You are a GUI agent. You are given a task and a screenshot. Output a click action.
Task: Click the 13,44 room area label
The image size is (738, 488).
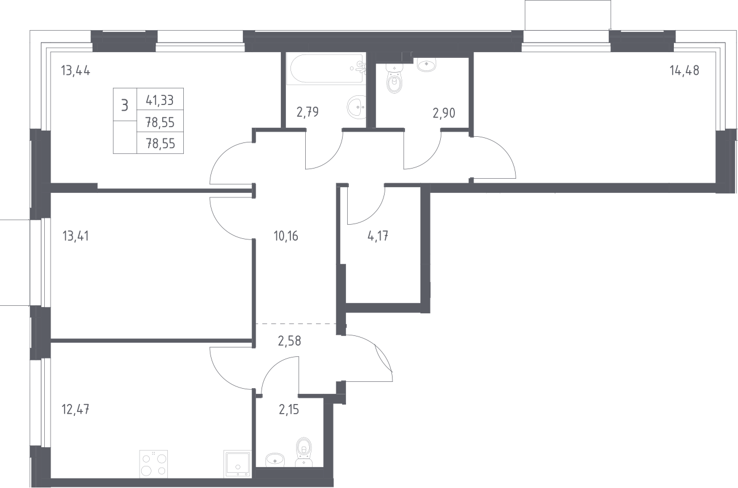(75, 71)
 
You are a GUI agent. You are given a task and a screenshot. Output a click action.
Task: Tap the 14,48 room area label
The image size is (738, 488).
(684, 70)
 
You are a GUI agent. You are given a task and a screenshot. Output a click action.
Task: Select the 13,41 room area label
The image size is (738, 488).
(75, 236)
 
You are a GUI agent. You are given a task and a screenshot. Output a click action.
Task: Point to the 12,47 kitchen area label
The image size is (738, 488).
(75, 410)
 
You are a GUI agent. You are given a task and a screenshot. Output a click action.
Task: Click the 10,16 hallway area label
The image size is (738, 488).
(286, 236)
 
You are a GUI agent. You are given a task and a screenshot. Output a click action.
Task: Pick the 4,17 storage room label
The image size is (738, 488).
(378, 236)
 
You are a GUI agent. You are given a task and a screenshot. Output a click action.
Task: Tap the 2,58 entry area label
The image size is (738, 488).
(289, 340)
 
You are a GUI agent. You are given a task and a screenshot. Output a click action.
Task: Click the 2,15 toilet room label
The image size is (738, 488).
(289, 410)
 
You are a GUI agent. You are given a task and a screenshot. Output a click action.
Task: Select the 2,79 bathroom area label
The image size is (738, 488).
(307, 112)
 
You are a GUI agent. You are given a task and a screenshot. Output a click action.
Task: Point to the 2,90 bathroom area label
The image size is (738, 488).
(444, 113)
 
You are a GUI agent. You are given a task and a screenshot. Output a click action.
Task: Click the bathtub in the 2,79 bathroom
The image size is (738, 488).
(326, 69)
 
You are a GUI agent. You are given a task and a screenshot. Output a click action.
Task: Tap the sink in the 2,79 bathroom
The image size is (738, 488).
(357, 107)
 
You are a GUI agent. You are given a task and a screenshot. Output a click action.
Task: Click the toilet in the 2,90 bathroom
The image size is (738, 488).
(394, 78)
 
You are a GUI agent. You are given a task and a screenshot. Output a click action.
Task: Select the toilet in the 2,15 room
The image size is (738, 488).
(303, 452)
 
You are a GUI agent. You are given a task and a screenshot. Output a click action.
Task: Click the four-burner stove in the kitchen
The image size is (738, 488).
(154, 464)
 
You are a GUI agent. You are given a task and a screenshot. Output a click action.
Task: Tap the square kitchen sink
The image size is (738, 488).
(238, 464)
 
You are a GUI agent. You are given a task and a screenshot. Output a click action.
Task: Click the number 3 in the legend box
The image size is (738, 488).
(125, 106)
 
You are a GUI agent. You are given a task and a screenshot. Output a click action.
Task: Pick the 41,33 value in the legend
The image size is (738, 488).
(160, 100)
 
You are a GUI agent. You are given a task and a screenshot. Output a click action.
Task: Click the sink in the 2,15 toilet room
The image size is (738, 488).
(275, 460)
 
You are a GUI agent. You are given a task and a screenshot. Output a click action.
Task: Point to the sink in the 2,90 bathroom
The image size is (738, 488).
(427, 64)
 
